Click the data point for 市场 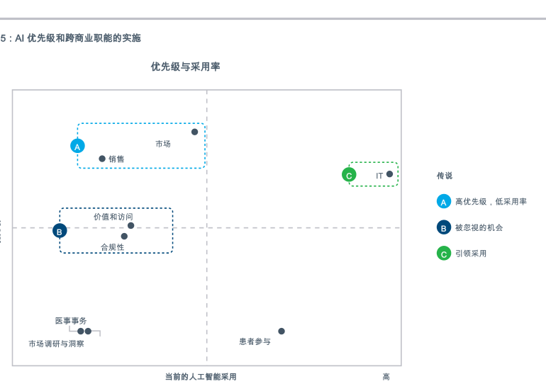tap(194, 132)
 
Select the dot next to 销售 tap(102, 159)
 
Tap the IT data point tap(389, 174)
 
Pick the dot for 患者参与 tap(282, 331)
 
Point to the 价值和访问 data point tap(130, 226)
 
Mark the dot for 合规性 tap(124, 237)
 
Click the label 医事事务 tap(71, 321)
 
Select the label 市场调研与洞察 tap(56, 344)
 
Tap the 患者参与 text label tap(255, 341)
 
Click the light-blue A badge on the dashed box tap(77, 147)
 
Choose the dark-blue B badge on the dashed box tap(60, 231)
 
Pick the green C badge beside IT tap(349, 175)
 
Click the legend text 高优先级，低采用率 tap(491, 202)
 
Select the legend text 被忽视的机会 tap(479, 227)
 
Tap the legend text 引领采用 tap(471, 253)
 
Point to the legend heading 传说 tap(445, 176)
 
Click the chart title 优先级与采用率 tap(185, 67)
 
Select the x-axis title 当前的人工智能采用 tap(201, 377)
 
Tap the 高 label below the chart tap(386, 377)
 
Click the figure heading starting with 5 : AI tap(71, 38)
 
